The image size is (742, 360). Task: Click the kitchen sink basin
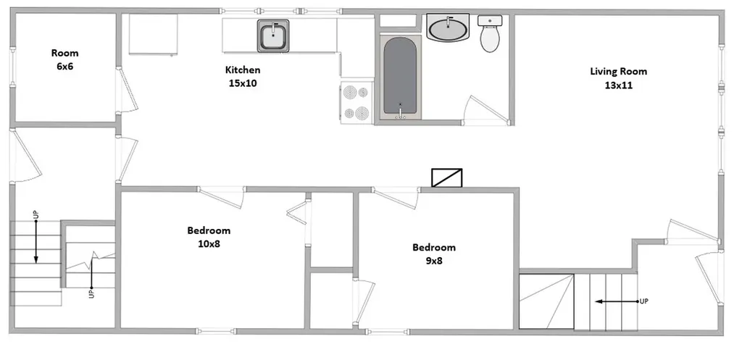coord(273,35)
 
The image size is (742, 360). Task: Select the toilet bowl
coord(490,39)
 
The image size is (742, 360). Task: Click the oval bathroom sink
coord(448,28)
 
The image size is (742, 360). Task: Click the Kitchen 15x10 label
coord(243,77)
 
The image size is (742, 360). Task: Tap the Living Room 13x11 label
coord(618,78)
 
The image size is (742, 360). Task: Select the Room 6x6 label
coord(64,59)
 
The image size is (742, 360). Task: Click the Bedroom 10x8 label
coord(209,237)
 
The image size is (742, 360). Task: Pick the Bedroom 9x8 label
coord(434,254)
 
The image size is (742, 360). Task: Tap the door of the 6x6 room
coord(128,90)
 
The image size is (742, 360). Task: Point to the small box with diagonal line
coord(446,177)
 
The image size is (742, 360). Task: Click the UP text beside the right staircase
coord(643,301)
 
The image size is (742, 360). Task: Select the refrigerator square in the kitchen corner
coord(153,34)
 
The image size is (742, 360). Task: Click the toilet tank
coord(490,20)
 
